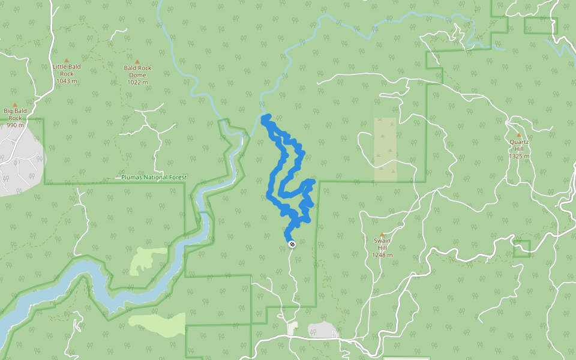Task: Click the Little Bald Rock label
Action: click(66, 70)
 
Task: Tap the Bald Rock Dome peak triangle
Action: click(137, 61)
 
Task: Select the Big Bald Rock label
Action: click(16, 114)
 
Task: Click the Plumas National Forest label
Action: click(154, 178)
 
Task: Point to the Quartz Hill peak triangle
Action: click(518, 134)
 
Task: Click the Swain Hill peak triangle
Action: click(382, 235)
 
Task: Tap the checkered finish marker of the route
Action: click(292, 244)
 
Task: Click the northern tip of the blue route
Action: click(265, 117)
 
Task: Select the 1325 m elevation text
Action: click(519, 156)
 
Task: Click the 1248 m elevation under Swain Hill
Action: click(382, 255)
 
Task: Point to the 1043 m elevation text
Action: click(66, 81)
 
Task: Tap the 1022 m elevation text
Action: click(137, 82)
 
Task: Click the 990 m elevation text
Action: click(16, 125)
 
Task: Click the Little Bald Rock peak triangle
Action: click(66, 60)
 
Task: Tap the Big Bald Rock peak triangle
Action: click(15, 104)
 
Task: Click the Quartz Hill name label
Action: click(519, 145)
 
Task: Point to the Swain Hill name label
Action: click(382, 244)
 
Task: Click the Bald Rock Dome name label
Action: click(137, 71)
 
